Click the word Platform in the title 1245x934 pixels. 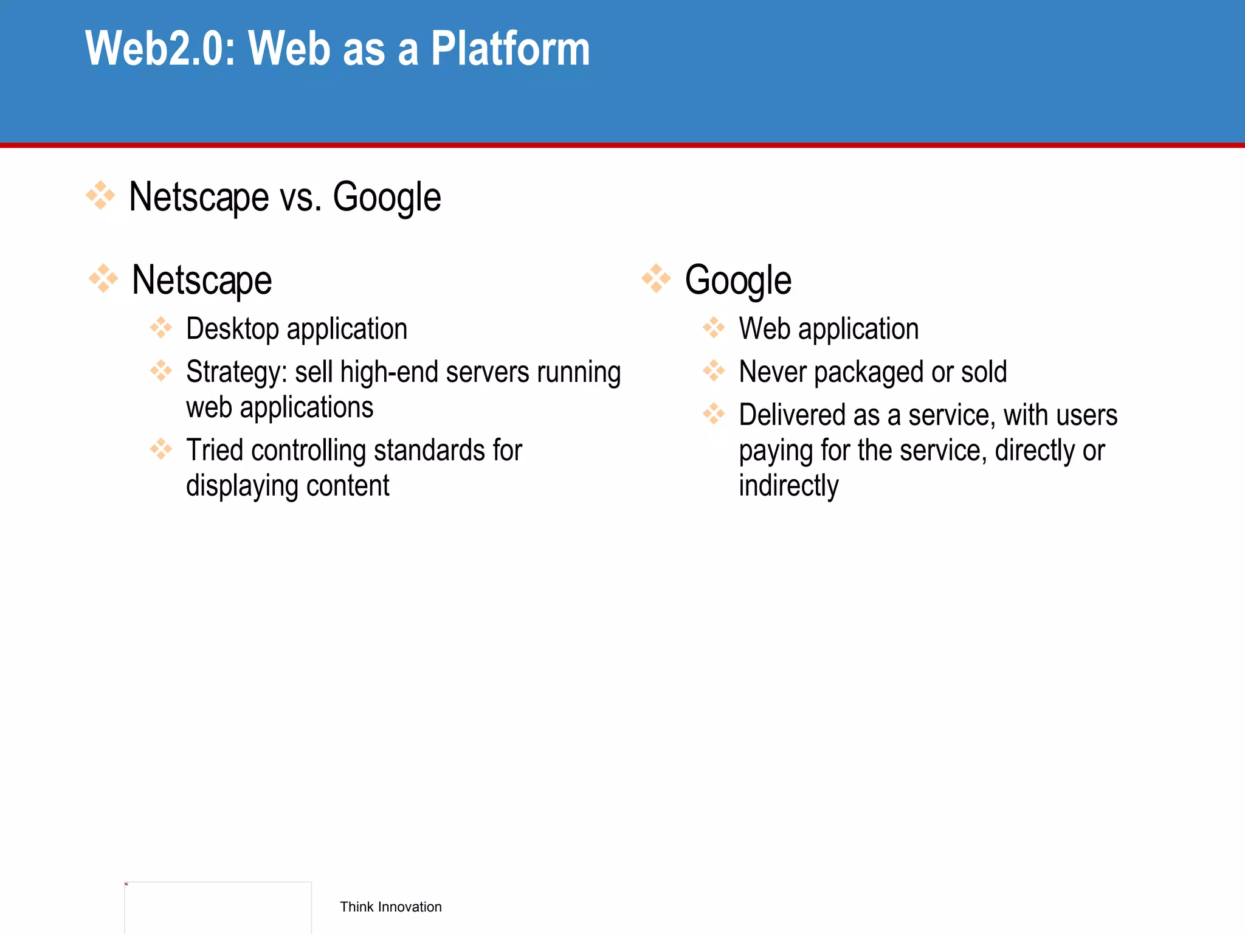pos(510,49)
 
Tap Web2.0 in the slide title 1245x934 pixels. pos(160,49)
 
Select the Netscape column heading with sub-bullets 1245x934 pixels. pos(202,280)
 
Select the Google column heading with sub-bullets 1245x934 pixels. pos(738,280)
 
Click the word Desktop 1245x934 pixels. pos(232,329)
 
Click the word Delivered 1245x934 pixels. pos(791,415)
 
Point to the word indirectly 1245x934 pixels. pos(788,486)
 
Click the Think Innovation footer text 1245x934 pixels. pos(390,907)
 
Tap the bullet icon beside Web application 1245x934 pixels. pos(714,328)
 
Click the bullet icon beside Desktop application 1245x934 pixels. pos(161,328)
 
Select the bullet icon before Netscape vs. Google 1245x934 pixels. pos(100,195)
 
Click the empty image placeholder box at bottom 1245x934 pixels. pos(218,907)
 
